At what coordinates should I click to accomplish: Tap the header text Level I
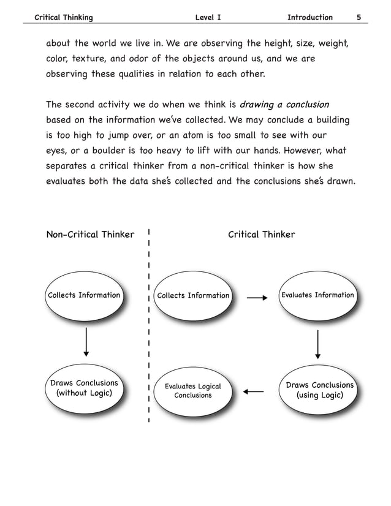click(208, 17)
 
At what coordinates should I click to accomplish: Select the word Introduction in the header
click(309, 17)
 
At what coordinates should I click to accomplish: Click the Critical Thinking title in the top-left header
click(63, 17)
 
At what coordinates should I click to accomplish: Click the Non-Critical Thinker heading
click(90, 234)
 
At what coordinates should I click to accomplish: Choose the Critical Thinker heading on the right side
click(261, 234)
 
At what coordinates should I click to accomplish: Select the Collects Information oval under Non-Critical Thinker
click(85, 296)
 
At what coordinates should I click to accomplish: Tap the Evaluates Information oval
click(317, 296)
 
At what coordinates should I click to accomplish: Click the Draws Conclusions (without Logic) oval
click(85, 388)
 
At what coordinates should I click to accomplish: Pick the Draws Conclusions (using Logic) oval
click(319, 390)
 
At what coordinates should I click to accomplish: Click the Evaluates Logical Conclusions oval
click(193, 391)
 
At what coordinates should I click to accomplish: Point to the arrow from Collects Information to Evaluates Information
click(257, 298)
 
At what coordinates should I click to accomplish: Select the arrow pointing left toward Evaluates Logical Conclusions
click(253, 391)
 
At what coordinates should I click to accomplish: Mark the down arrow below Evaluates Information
click(318, 345)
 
